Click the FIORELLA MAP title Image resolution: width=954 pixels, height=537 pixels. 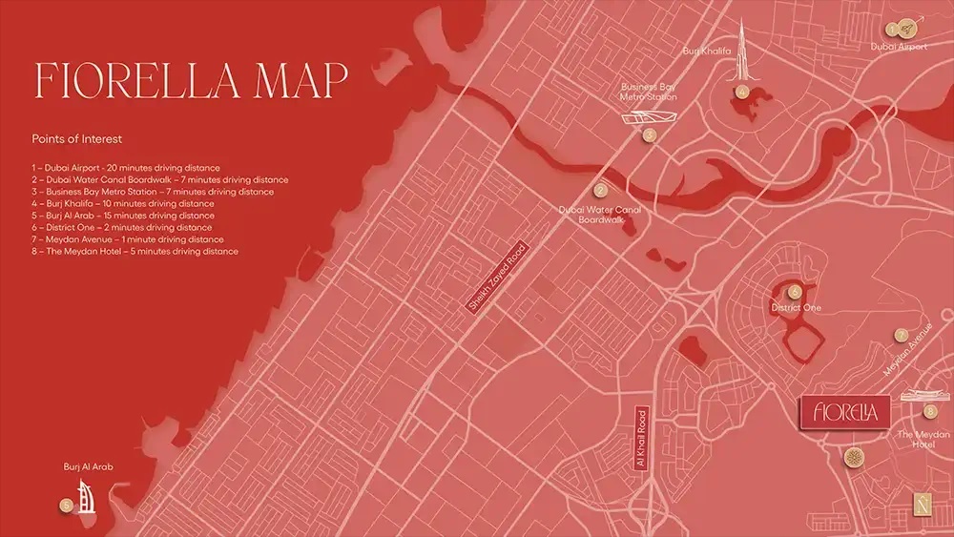pos(189,81)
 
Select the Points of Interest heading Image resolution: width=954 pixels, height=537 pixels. pos(77,139)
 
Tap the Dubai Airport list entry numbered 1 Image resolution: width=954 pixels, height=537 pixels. pos(125,168)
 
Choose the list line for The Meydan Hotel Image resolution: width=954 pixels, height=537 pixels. pos(135,252)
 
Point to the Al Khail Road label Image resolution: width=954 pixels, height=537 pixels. pos(641,438)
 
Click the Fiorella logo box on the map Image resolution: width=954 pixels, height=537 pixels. pos(844,412)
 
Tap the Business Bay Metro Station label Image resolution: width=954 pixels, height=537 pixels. pos(650,91)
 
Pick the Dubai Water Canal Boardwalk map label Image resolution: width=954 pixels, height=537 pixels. pos(599,215)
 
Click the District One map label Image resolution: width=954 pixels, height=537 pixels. pos(796,308)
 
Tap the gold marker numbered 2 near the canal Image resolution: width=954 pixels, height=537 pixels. pos(600,191)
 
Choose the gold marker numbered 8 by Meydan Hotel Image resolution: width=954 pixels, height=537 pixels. pos(930,411)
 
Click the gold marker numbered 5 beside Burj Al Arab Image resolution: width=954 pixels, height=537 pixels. pos(66,506)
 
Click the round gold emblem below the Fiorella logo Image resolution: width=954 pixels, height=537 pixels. pos(850,458)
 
